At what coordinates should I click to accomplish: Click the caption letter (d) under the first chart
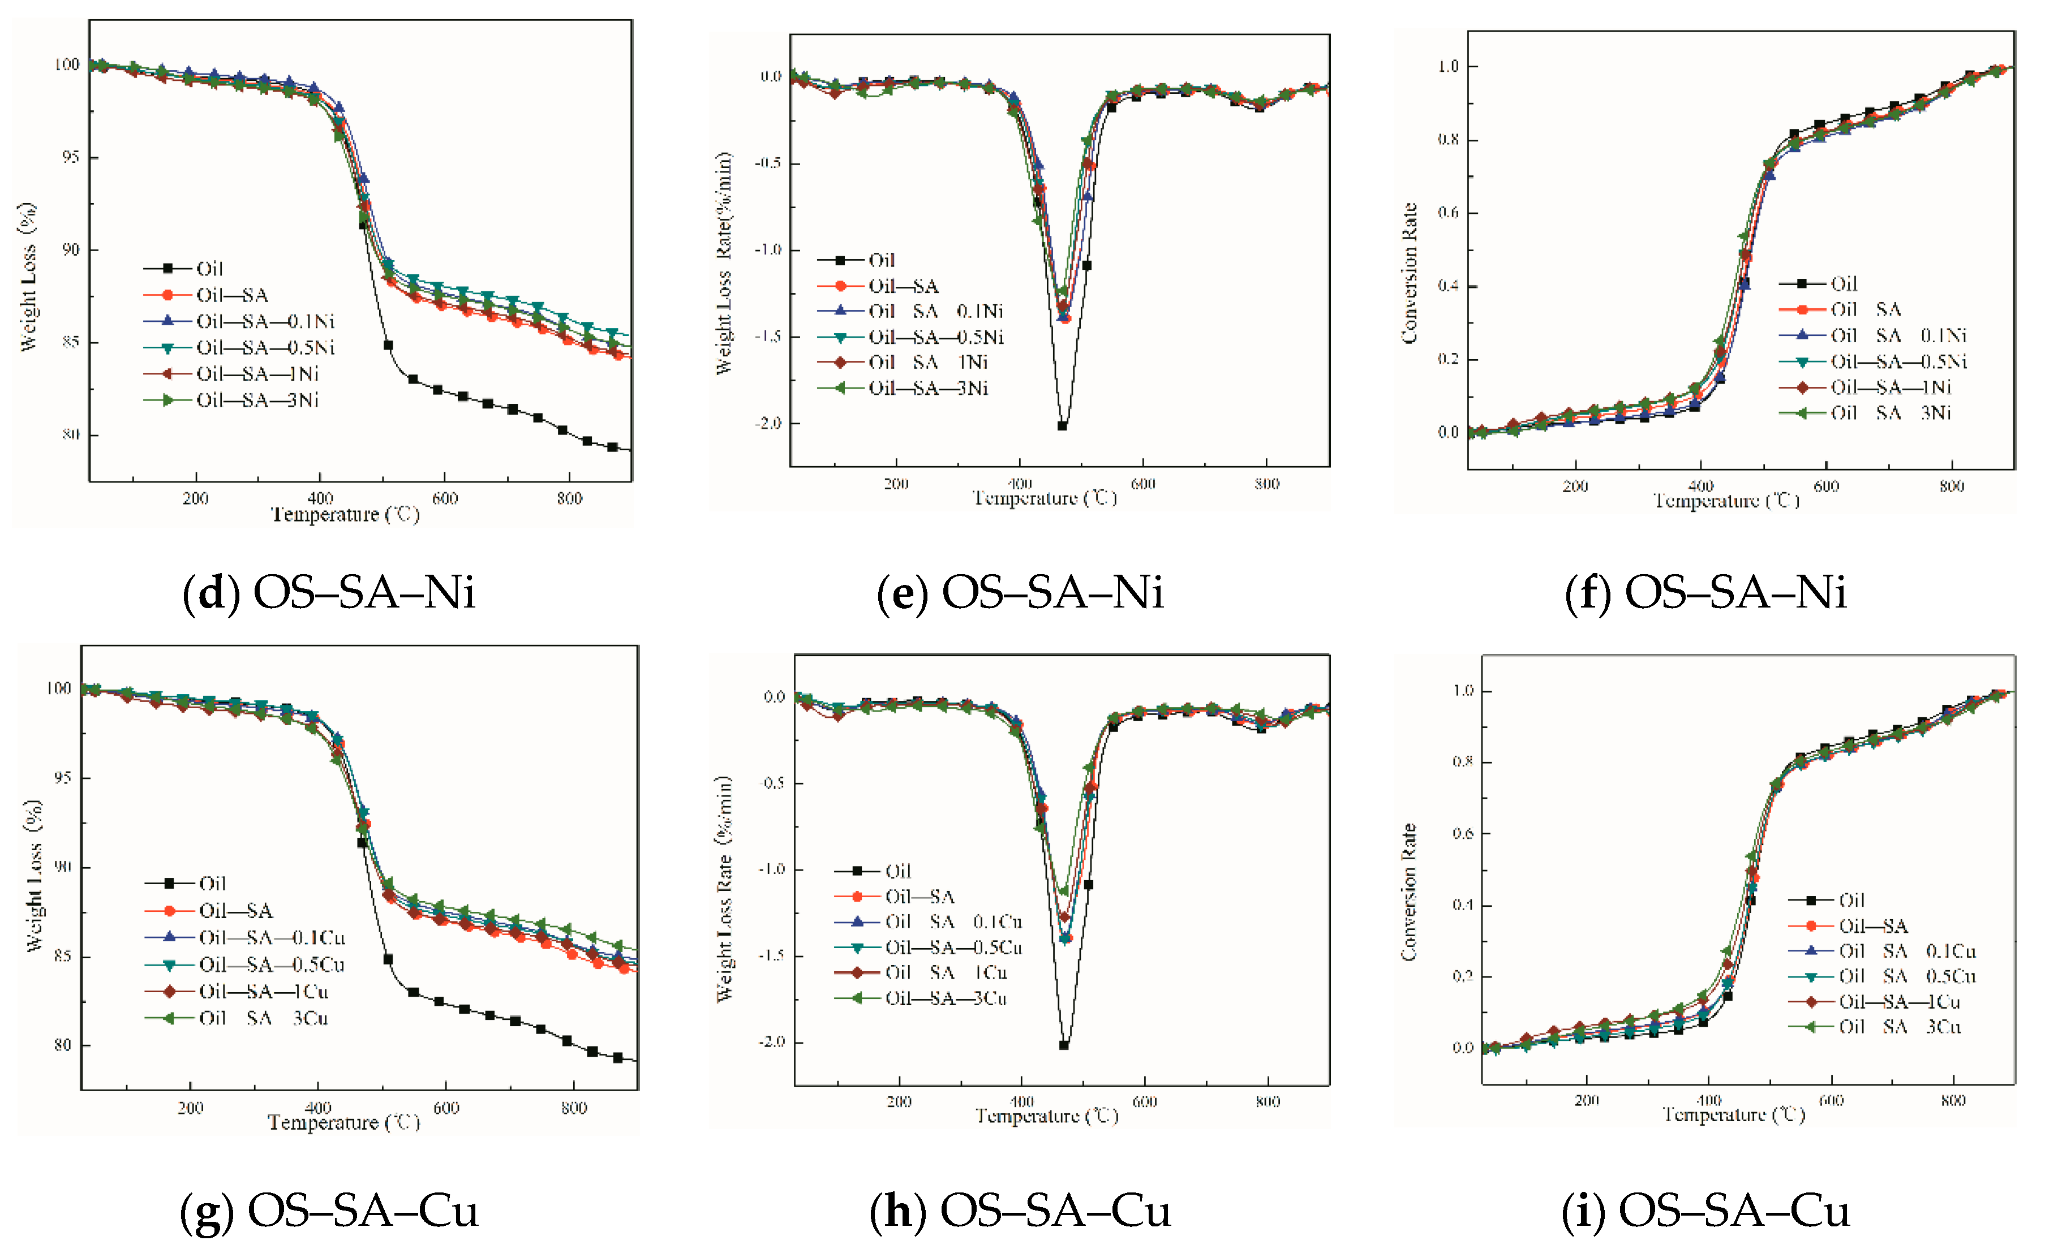[212, 593]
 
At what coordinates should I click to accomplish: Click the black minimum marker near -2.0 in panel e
[1062, 426]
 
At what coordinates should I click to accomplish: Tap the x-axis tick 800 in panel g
[574, 1108]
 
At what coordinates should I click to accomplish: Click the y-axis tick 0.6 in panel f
[1447, 213]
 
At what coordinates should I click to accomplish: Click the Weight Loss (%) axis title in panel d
[27, 277]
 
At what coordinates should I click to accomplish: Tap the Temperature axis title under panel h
[1047, 1116]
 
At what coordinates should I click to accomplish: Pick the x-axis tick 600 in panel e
[1143, 484]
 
